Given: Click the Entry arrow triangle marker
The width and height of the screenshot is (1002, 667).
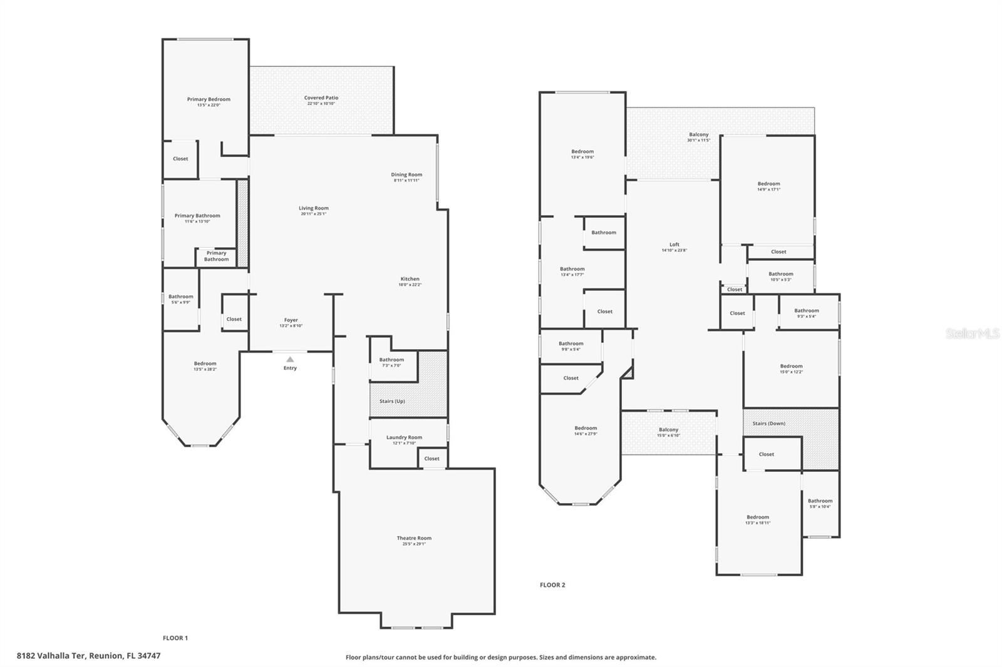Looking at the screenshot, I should coord(290,359).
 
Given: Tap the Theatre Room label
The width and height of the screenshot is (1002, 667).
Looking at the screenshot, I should coord(414,538).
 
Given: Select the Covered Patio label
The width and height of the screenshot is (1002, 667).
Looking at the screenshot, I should coord(321,98).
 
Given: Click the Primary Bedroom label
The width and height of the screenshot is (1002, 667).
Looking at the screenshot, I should coord(209,99).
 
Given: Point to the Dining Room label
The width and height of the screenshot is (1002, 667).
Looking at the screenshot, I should coord(406,175).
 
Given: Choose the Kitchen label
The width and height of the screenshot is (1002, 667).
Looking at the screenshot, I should coord(410,279).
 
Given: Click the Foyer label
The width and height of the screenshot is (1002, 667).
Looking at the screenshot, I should coord(291,320).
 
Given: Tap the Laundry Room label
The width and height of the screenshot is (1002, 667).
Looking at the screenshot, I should coord(404,437).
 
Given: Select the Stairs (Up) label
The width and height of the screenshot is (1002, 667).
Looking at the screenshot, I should coord(392,401).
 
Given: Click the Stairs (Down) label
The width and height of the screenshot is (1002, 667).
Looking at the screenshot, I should coord(769,424).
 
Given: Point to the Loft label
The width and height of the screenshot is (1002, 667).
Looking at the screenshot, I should coord(674,245).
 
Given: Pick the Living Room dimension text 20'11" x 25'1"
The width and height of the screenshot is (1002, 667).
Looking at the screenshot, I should coord(313,214).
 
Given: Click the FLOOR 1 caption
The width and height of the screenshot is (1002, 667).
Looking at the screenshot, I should coord(175,638).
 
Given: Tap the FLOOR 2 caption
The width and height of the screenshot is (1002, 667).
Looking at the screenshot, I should coord(552,585).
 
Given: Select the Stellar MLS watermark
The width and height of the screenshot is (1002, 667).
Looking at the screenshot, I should coord(973,334).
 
